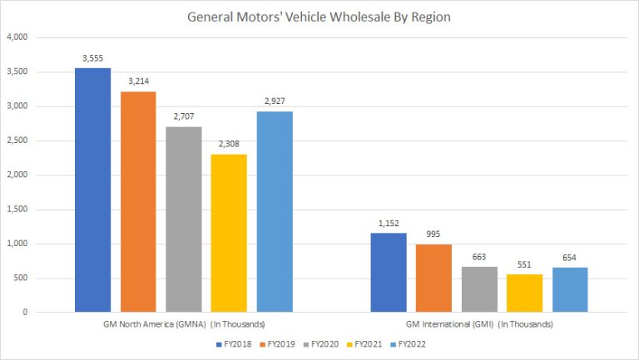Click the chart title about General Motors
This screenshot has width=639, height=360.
click(319, 15)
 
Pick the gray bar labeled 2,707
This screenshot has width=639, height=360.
click(183, 219)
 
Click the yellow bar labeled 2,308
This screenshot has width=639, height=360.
click(229, 233)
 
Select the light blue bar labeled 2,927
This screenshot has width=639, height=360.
click(275, 212)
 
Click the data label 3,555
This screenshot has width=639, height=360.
click(92, 58)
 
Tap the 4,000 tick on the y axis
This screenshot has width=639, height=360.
click(17, 37)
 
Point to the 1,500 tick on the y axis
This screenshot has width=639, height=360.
click(17, 210)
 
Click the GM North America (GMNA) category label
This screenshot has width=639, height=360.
click(184, 324)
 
